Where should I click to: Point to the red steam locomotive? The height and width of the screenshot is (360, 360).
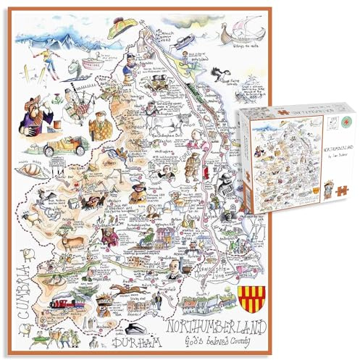click(x=70, y=296)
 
